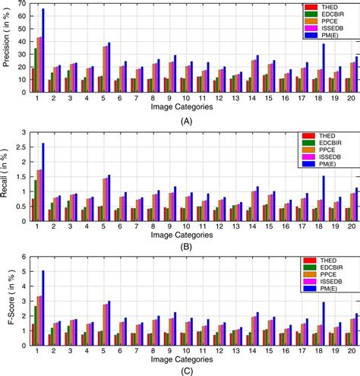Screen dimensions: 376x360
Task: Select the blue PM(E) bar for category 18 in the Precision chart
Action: coord(324,68)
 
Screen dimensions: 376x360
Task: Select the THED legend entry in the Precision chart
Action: coord(333,7)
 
